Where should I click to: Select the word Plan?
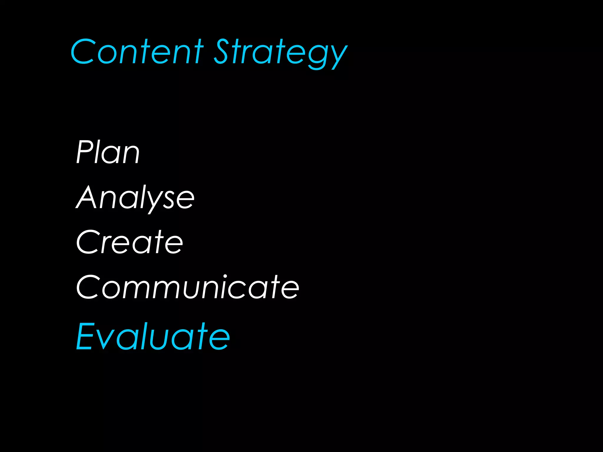(x=108, y=152)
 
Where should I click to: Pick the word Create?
(x=130, y=242)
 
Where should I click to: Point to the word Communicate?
(x=188, y=287)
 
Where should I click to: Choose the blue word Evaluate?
(x=153, y=336)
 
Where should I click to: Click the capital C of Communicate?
(x=88, y=287)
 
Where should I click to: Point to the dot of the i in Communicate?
(x=225, y=277)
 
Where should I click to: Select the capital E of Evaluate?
(x=86, y=336)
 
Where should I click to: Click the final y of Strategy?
(x=339, y=56)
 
